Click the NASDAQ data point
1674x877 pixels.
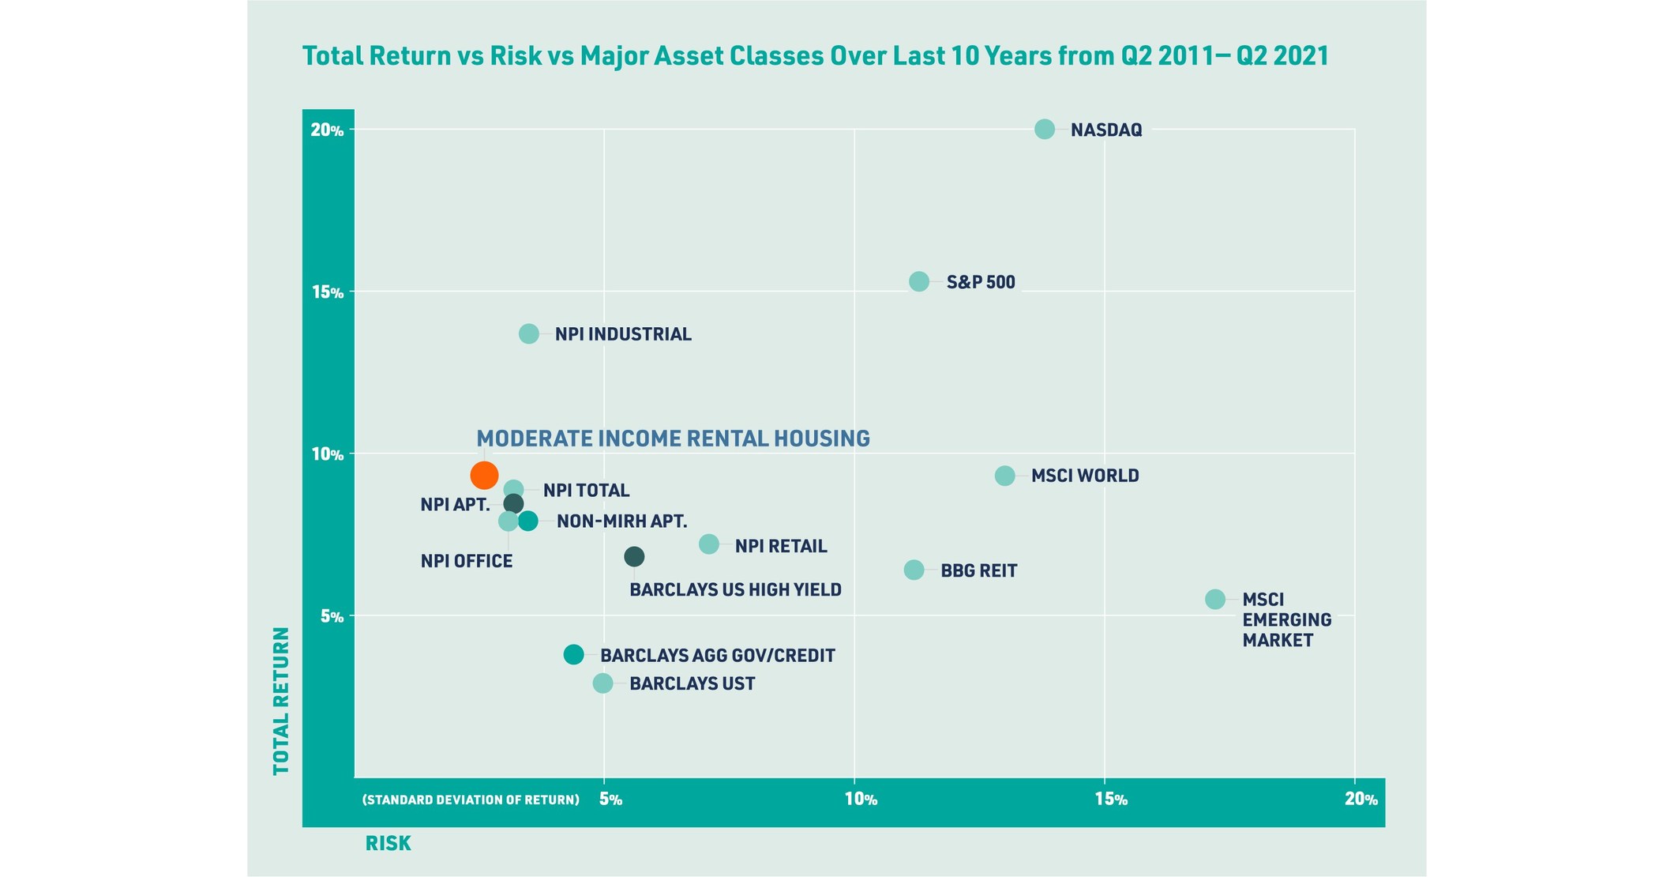tap(1044, 129)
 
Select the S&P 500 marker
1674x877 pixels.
tap(918, 281)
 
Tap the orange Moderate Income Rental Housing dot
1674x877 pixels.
tap(484, 475)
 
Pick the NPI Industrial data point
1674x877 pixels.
tap(528, 333)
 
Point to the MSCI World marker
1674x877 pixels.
tap(1004, 475)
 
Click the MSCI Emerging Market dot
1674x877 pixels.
tap(1214, 599)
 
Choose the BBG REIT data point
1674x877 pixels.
tap(913, 570)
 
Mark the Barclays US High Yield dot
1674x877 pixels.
tap(633, 556)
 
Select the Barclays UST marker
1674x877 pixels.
tap(602, 683)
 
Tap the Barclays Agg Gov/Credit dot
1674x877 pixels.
tap(573, 654)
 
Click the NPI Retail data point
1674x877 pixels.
tap(708, 544)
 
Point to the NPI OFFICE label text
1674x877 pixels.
tap(466, 561)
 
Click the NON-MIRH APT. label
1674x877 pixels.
tap(621, 521)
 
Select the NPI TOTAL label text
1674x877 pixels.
tap(586, 491)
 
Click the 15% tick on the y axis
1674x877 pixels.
tap(327, 292)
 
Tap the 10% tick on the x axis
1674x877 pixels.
tap(860, 800)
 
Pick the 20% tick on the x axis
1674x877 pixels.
tap(1361, 800)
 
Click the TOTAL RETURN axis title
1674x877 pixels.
tap(281, 701)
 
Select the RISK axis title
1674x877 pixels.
tap(388, 844)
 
